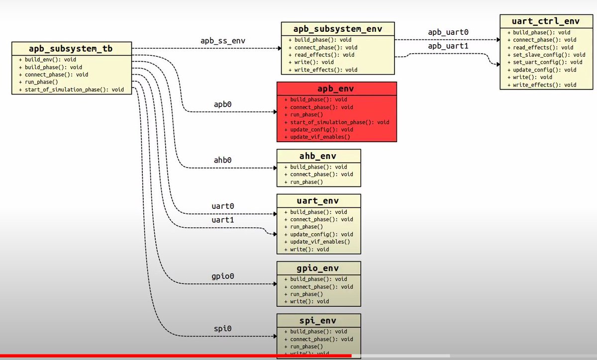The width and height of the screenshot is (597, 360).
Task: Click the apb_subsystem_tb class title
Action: tap(72, 49)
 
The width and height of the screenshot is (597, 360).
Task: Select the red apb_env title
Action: tap(337, 89)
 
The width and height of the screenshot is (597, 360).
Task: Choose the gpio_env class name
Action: tap(318, 269)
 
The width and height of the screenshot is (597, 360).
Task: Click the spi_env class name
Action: tap(318, 321)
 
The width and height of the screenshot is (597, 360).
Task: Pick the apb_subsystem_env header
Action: tap(338, 29)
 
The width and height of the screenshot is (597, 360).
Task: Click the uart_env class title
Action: tap(318, 201)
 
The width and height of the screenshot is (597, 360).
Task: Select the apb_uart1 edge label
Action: tap(448, 47)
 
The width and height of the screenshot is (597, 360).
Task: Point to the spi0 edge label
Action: tap(222, 329)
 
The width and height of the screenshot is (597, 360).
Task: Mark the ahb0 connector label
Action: tap(222, 160)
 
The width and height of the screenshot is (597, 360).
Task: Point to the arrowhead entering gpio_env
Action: tap(275, 284)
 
